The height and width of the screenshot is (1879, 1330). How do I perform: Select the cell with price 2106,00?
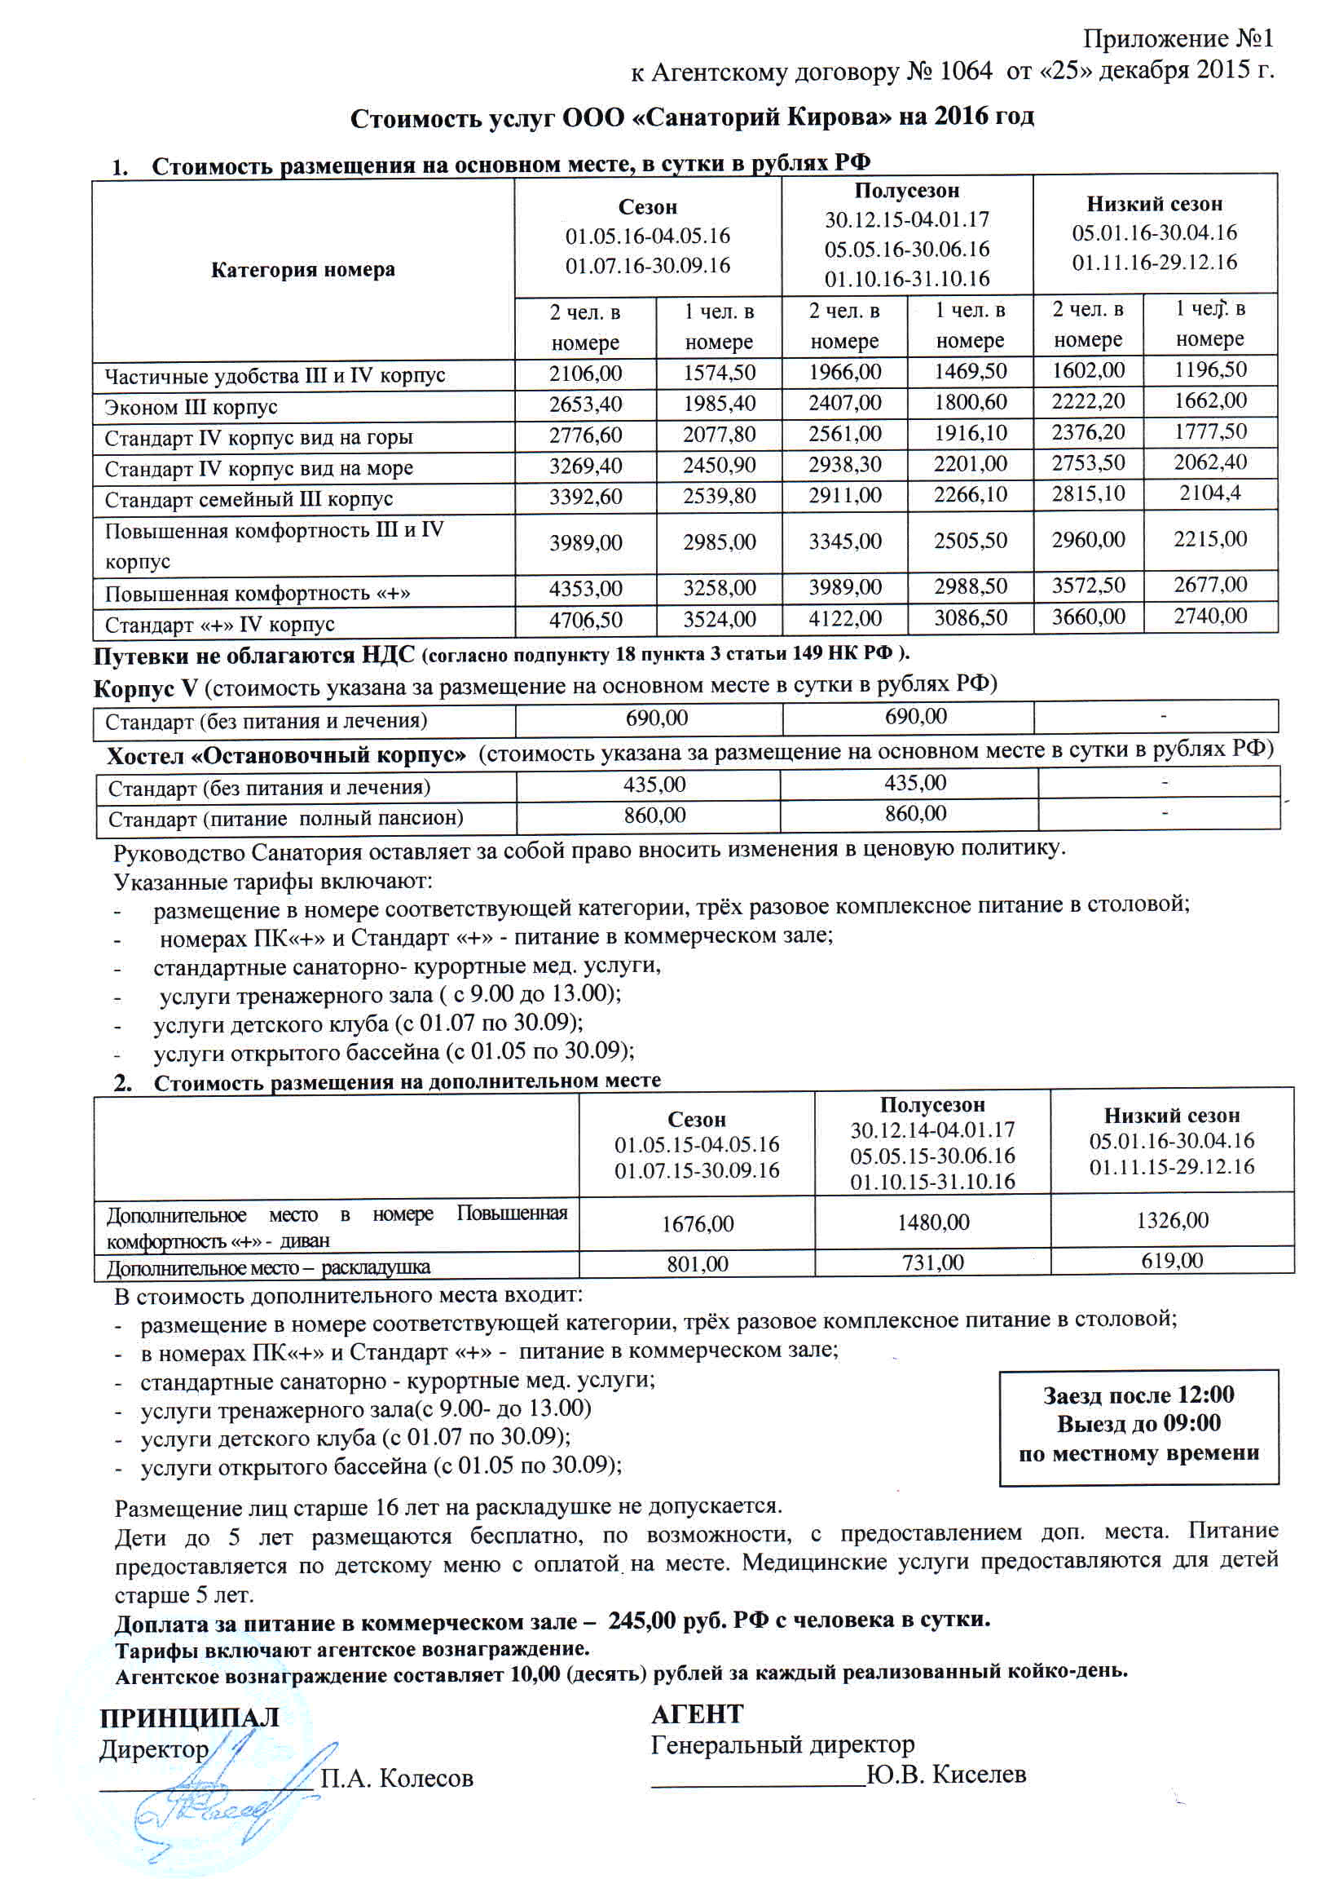coord(585,374)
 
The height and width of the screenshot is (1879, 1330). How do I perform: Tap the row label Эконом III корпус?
coord(191,407)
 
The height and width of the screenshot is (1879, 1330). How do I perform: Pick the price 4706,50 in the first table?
coord(585,620)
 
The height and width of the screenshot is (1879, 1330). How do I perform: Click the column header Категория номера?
coord(302,270)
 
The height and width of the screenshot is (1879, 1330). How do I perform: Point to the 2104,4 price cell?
coord(1209,493)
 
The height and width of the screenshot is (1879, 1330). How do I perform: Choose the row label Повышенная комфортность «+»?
coord(258,592)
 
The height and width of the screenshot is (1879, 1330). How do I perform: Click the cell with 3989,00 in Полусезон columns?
coord(844,587)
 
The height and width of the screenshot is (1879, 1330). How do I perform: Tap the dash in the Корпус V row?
coord(1163,717)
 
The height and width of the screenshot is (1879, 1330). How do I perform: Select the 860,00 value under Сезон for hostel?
coord(654,816)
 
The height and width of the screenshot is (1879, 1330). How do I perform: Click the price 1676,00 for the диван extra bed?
coord(697,1224)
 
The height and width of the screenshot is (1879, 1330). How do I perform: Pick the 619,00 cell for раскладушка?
coord(1172,1261)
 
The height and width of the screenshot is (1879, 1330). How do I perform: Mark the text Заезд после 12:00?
coord(1138,1395)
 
